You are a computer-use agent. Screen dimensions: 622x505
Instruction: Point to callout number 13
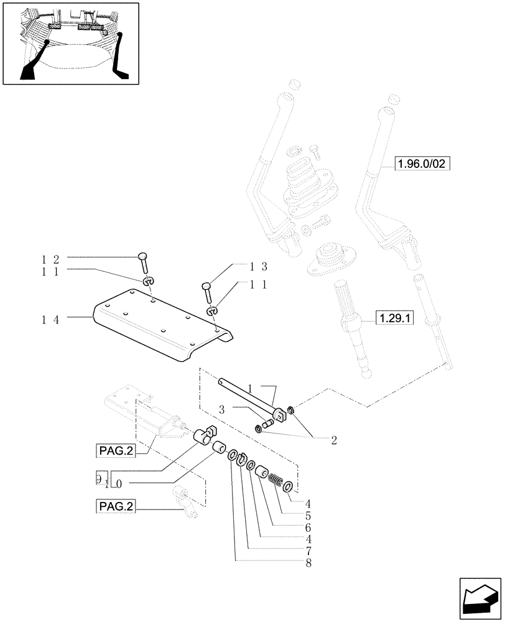259,267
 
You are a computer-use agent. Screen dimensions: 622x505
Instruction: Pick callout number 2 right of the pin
334,440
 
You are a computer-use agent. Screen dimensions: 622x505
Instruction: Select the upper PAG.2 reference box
116,450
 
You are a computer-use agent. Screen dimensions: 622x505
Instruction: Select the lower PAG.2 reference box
116,507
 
